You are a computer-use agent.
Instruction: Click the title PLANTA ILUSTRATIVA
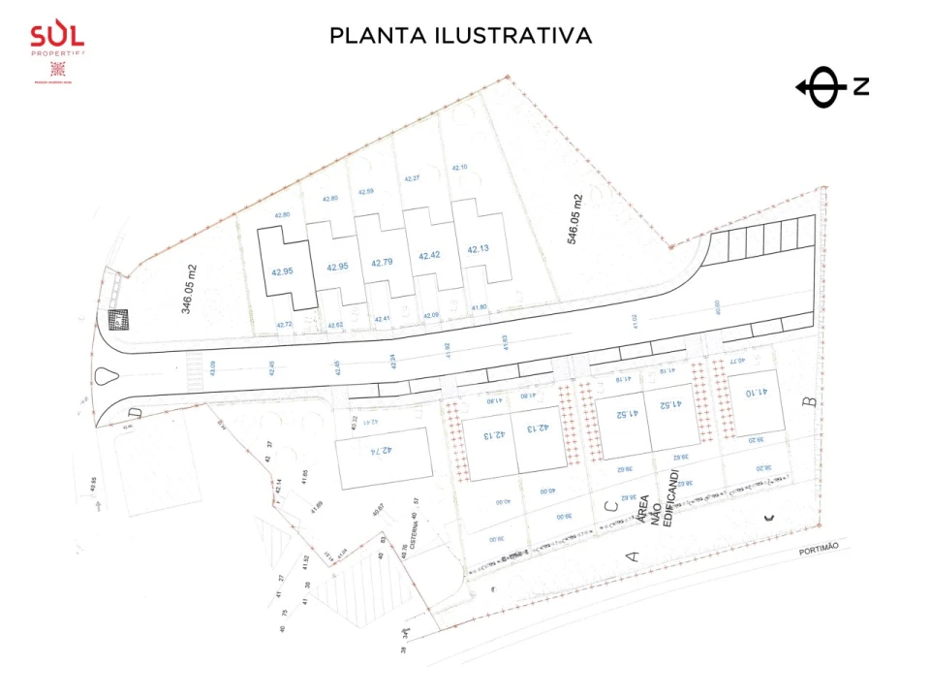click(x=460, y=36)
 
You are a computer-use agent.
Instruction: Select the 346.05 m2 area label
click(x=190, y=289)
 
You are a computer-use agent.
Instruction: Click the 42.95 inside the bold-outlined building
click(x=282, y=271)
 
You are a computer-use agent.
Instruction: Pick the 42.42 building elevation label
click(x=429, y=256)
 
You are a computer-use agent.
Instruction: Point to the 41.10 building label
click(x=757, y=393)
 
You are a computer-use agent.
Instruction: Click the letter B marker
click(x=812, y=400)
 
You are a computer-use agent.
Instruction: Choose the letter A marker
click(x=635, y=555)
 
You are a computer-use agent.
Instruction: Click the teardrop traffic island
click(x=106, y=378)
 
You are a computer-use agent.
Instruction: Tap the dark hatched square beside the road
click(x=118, y=319)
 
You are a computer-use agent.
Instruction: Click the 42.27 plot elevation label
click(x=412, y=178)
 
